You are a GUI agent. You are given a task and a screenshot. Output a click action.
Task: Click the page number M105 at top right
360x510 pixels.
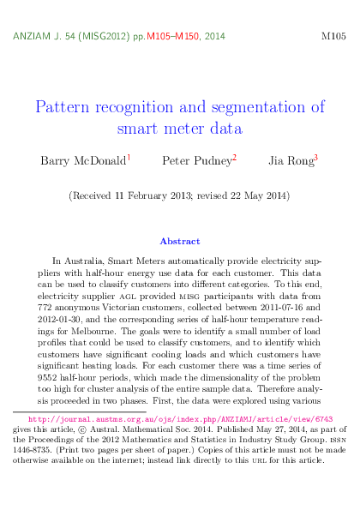[x=333, y=39]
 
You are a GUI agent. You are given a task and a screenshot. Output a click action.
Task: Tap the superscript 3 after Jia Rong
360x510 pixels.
[x=315, y=157]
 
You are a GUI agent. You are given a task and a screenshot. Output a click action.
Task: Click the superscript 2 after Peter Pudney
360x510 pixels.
[x=234, y=157]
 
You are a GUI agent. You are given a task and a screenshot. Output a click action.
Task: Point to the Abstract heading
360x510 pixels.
[x=180, y=242]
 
